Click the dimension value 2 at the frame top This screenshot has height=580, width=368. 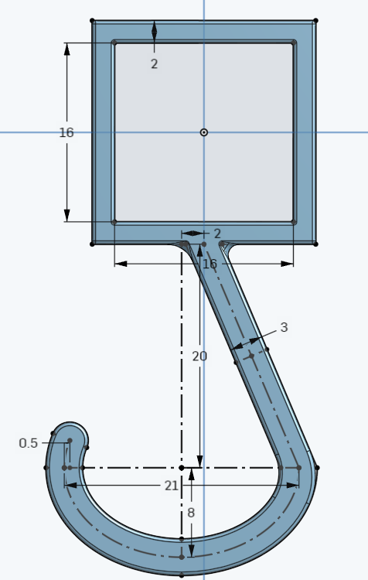pyautogui.click(x=154, y=64)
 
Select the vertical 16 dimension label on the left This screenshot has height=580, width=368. pyautogui.click(x=66, y=133)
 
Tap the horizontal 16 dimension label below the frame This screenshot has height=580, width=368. pyautogui.click(x=210, y=264)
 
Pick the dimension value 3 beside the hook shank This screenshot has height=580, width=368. pyautogui.click(x=284, y=328)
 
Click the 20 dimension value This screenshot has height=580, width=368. pyautogui.click(x=200, y=356)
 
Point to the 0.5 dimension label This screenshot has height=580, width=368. pyautogui.click(x=29, y=443)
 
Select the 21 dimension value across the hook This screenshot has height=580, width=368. pyautogui.click(x=172, y=486)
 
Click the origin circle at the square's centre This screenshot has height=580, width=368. pyautogui.click(x=204, y=132)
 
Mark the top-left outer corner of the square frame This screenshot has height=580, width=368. pyautogui.click(x=93, y=21)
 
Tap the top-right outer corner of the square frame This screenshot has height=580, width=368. pyautogui.click(x=315, y=21)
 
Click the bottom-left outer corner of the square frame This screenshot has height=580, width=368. pyautogui.click(x=93, y=244)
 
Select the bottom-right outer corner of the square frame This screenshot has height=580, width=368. pyautogui.click(x=315, y=244)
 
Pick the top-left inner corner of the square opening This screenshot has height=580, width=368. pyautogui.click(x=114, y=43)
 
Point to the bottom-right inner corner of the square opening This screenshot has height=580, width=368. pyautogui.click(x=294, y=222)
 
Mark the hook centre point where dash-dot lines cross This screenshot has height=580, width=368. pyautogui.click(x=182, y=468)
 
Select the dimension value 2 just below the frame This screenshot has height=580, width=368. pyautogui.click(x=217, y=234)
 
